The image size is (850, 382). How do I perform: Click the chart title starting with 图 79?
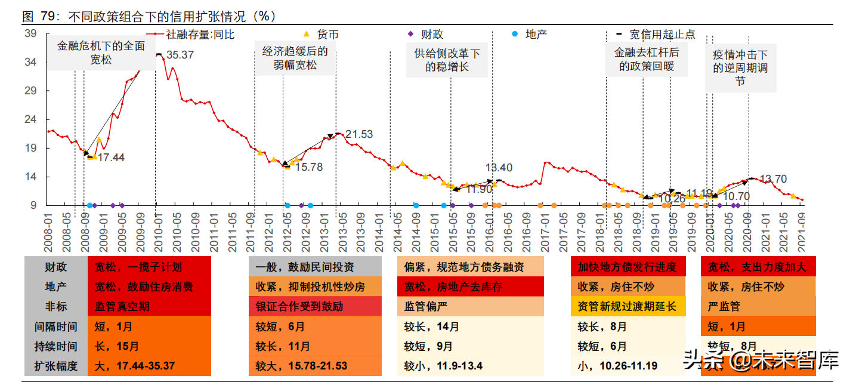[x=149, y=16]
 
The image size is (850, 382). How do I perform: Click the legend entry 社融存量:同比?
[x=200, y=35]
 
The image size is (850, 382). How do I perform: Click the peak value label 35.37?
[x=180, y=55]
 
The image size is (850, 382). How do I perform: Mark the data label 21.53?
[x=358, y=134]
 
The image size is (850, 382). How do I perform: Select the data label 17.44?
[x=111, y=158]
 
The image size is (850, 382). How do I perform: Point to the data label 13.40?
[x=499, y=168]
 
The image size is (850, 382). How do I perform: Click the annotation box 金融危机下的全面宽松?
[x=101, y=53]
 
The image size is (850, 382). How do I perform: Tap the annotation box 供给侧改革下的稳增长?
[x=447, y=60]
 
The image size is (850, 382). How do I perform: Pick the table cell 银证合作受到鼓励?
[x=315, y=307]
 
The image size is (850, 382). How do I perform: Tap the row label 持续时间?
[x=55, y=346]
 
